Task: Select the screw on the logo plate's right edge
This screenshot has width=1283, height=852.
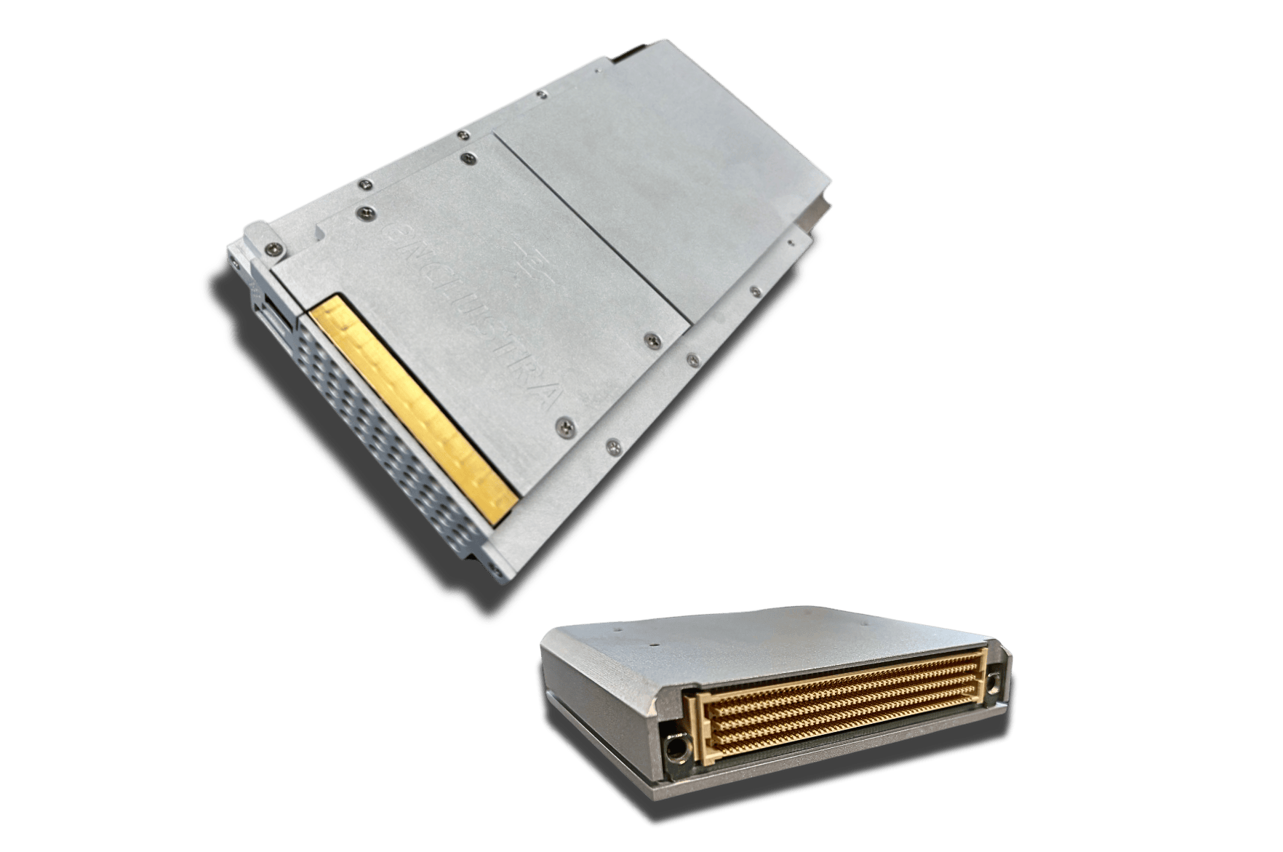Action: pyautogui.click(x=652, y=340)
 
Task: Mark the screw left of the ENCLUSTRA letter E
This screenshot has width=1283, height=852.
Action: pyautogui.click(x=361, y=212)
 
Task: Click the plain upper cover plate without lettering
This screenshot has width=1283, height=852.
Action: pyautogui.click(x=655, y=160)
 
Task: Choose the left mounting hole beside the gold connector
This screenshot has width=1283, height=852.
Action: pyautogui.click(x=676, y=749)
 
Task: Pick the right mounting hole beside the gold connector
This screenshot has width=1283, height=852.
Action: pyautogui.click(x=994, y=682)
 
